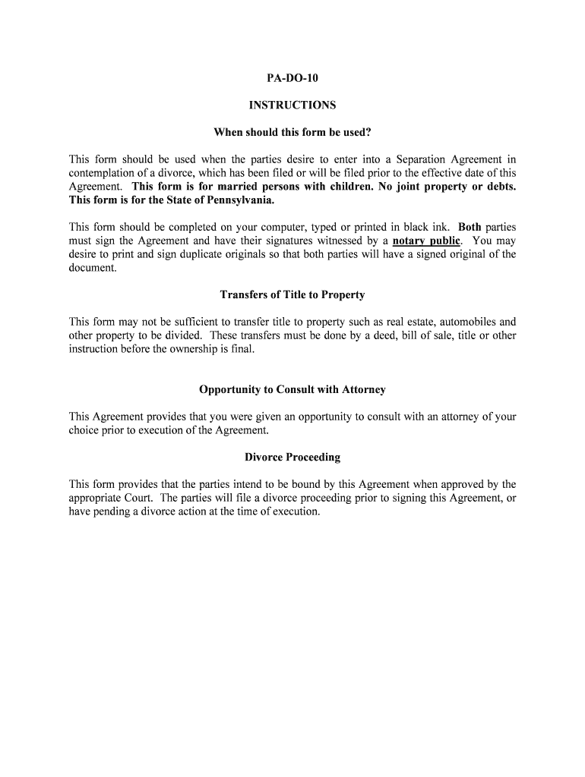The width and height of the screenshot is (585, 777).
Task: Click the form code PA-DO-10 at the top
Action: tap(292, 78)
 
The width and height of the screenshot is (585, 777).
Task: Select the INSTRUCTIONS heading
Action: tap(292, 105)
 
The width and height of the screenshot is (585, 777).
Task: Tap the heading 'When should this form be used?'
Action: tap(292, 133)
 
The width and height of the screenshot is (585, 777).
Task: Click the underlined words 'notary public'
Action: tap(426, 241)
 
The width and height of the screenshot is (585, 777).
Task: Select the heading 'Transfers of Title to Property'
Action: tap(292, 294)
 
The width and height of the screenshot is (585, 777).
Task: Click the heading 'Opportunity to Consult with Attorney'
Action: tap(292, 389)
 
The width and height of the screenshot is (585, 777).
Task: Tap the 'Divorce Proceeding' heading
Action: tap(292, 458)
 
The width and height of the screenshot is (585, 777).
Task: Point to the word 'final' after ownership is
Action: tap(240, 349)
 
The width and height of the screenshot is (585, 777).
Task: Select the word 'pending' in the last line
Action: tap(115, 511)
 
